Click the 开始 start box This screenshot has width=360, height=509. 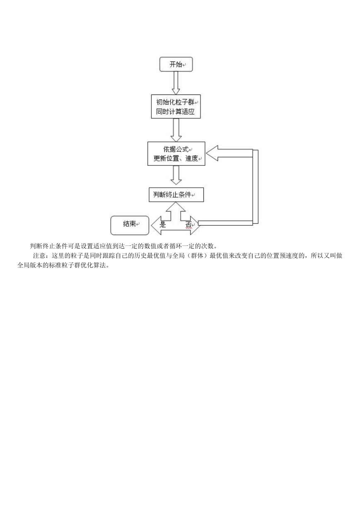tap(176, 64)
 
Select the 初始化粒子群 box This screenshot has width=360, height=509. tap(176, 107)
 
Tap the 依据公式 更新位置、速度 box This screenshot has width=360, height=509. tap(176, 154)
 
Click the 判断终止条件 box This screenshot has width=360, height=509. tap(176, 194)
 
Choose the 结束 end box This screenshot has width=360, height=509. tap(130, 225)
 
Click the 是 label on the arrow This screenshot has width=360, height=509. tap(163, 225)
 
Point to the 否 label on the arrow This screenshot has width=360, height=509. tap(188, 225)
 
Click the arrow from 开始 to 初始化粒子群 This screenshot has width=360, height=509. tap(176, 83)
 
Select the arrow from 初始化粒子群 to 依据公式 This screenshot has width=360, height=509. tap(176, 130)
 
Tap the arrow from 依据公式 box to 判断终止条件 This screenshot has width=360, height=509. tap(176, 175)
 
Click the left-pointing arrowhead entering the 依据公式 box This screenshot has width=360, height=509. tap(212, 153)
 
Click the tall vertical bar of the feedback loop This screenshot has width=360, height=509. tap(255, 187)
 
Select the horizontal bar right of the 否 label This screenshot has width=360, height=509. tap(225, 223)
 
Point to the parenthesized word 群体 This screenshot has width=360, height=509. tap(197, 256)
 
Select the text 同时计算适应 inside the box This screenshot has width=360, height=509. tap(175, 112)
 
